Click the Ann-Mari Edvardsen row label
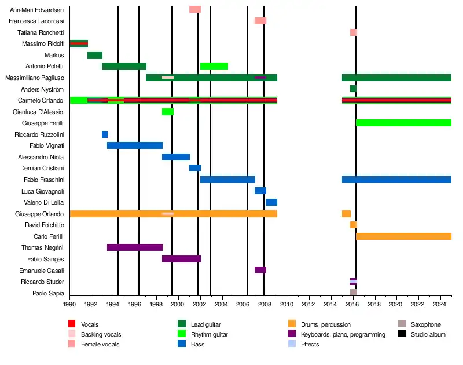coord(37,10)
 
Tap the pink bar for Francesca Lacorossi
coord(260,21)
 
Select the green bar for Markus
coord(95,55)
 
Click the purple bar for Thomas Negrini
coord(135,247)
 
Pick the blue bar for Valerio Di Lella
coord(271,202)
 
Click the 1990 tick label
coord(69,304)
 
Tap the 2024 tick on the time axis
coord(439,304)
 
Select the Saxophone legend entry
coord(425,325)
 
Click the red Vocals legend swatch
coord(72,324)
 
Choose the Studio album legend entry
coord(427,334)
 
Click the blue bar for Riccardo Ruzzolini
coord(105,134)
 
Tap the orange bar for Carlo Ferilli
coord(403,236)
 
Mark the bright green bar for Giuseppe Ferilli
coord(403,123)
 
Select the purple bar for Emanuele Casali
coord(260,270)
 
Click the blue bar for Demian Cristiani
coord(195,168)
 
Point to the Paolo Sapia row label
coord(48,293)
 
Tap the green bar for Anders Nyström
coord(353,89)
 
